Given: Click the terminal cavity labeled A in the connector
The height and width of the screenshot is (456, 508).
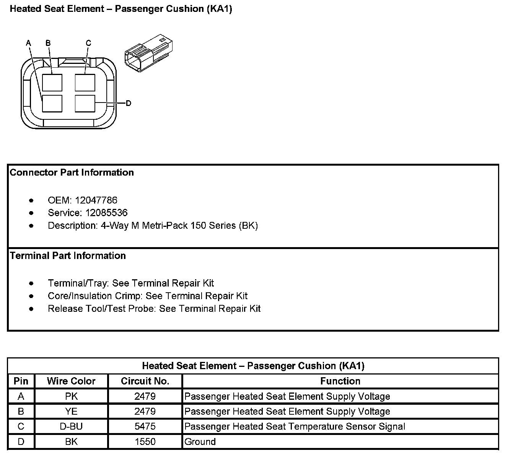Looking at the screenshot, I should point(52,103).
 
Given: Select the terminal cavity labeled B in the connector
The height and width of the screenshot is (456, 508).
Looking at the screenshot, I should point(52,82).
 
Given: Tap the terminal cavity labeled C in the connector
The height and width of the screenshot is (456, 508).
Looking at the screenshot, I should point(85,82).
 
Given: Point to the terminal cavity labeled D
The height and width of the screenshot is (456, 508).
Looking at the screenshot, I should point(85,103).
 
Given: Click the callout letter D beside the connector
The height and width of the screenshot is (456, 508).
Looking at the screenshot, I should point(129,103).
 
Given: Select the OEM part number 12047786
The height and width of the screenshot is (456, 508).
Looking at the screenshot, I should point(96,200).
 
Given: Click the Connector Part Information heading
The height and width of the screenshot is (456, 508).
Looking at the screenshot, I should point(72,173).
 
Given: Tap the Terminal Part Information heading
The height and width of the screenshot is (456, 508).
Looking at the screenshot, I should point(68,256).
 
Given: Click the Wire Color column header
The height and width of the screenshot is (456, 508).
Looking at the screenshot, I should point(71,381).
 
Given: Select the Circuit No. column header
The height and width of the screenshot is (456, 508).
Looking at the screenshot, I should point(145,381).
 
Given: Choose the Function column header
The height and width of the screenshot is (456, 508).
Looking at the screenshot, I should point(340,381).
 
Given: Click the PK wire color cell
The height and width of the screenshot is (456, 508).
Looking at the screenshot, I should point(71,396).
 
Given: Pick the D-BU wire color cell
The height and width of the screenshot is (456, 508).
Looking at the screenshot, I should point(71,427).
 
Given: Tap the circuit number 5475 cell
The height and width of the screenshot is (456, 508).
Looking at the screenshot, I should point(145,427).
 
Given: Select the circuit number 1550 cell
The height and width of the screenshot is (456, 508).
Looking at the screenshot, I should point(145,442).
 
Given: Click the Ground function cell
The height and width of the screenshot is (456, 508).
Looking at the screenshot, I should point(200,442).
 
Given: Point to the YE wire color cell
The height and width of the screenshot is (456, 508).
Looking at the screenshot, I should point(71,412).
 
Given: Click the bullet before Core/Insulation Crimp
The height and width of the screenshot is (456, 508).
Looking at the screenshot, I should point(31,296).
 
